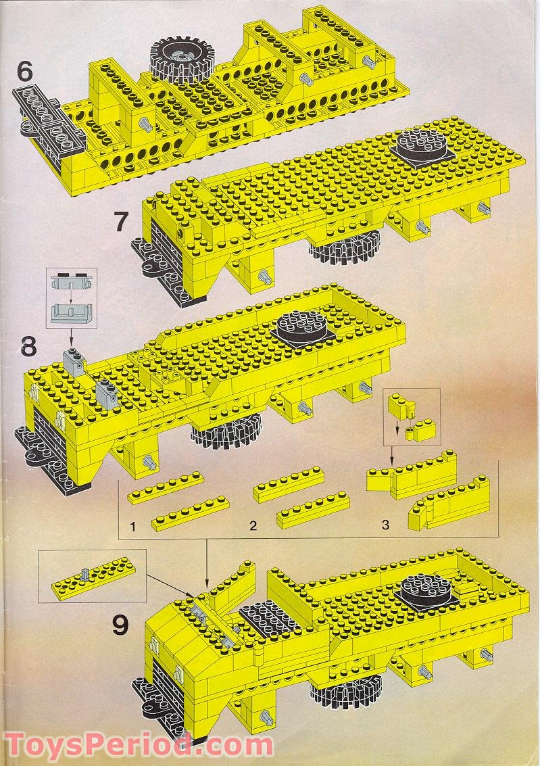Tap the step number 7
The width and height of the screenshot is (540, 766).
click(x=121, y=221)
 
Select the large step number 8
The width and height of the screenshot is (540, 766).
click(x=28, y=348)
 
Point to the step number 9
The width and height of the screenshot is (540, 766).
click(x=120, y=625)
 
